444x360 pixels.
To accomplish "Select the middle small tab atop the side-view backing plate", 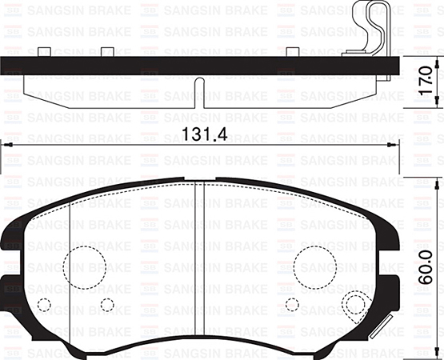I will click(105, 53).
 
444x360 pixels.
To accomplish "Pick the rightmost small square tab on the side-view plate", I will click(293, 53).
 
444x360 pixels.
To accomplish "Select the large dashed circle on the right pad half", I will click(314, 265).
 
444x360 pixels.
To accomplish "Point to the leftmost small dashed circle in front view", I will click(45, 305).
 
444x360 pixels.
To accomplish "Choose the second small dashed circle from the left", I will click(107, 305).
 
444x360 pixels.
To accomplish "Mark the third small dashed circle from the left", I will click(293, 305).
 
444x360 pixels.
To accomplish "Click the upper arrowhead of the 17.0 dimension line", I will click(436, 61).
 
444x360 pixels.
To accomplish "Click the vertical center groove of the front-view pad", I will click(198, 264).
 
